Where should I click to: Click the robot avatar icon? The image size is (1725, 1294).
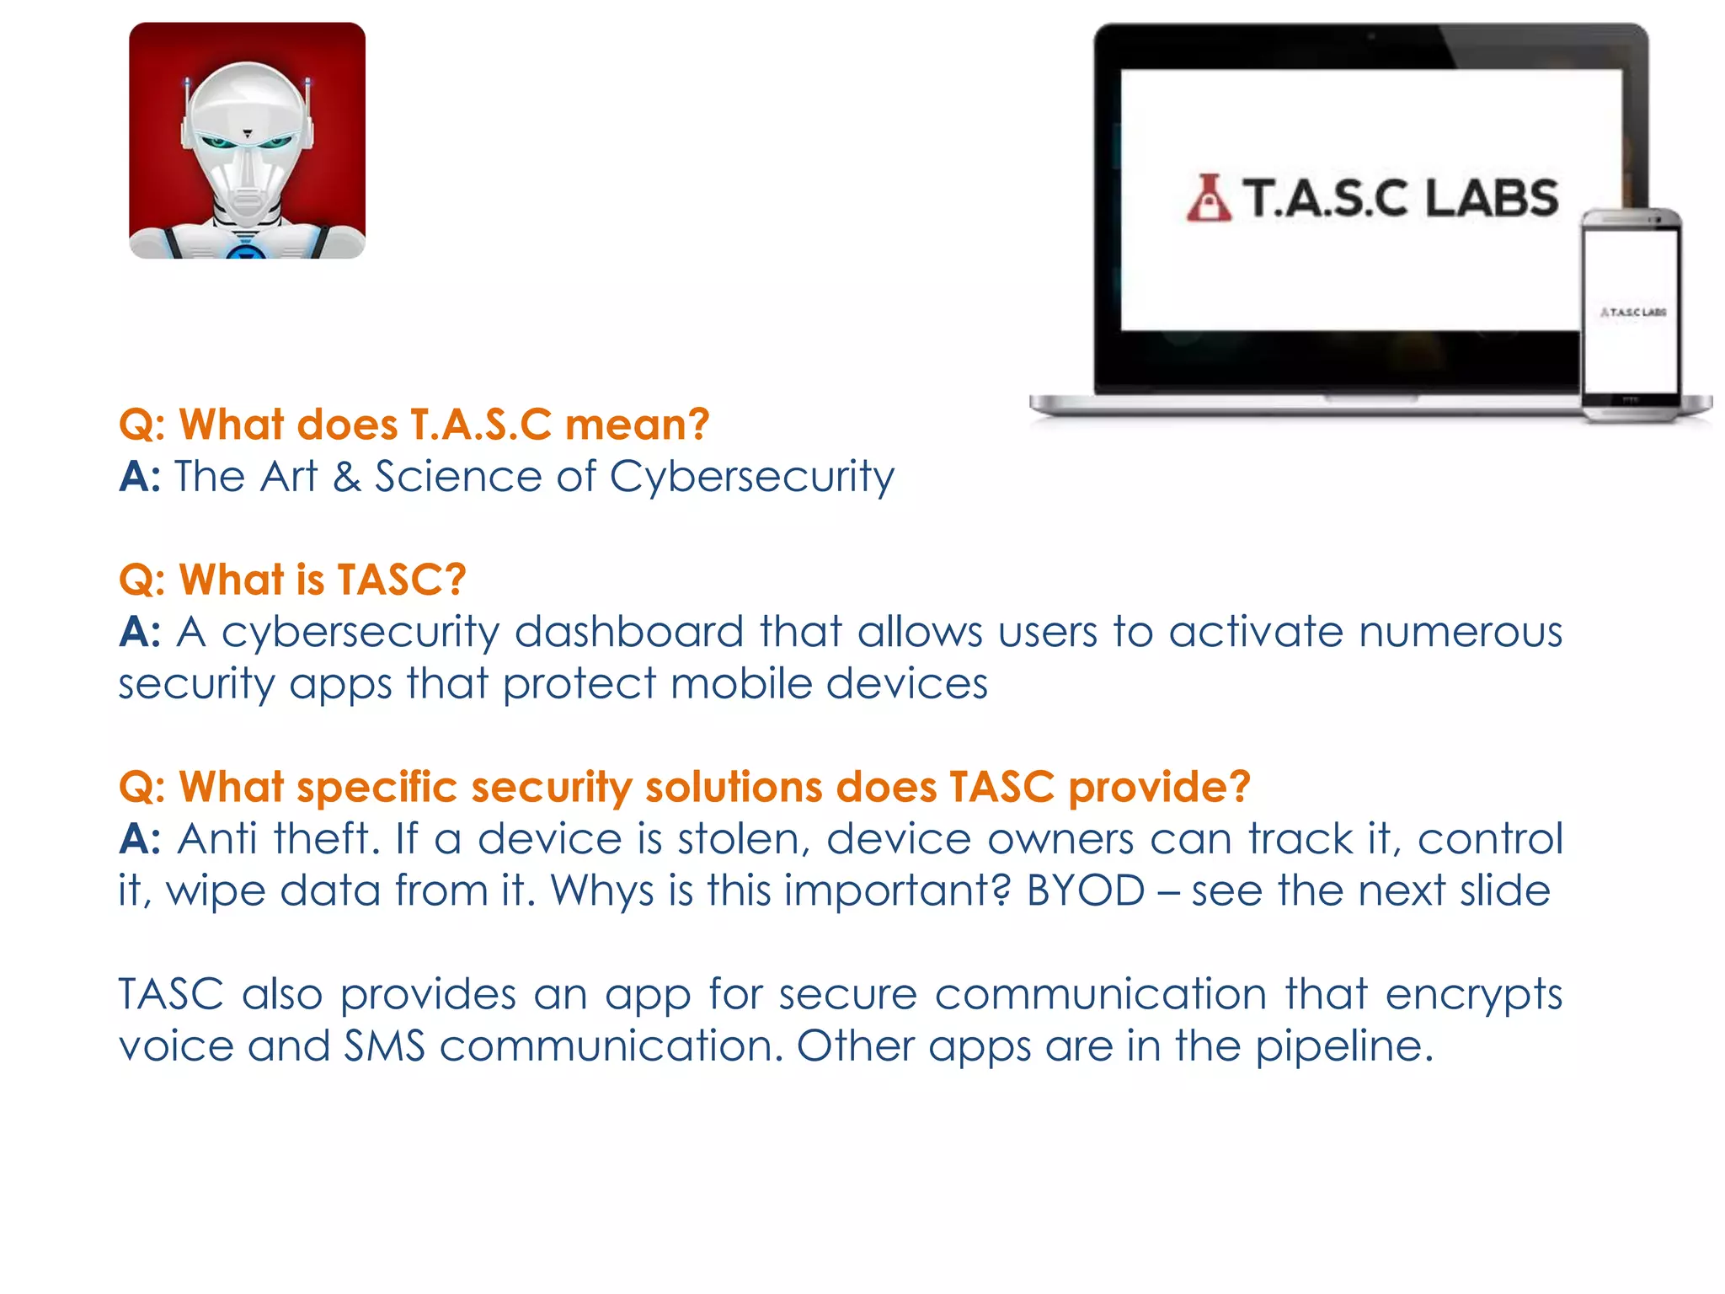(247, 141)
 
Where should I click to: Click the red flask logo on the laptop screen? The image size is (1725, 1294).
(1209, 199)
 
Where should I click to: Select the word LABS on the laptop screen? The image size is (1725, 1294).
(1492, 199)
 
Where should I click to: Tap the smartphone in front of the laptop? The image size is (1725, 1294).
(1631, 316)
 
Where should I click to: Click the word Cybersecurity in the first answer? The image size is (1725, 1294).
(751, 478)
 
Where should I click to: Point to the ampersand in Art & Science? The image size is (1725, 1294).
(346, 477)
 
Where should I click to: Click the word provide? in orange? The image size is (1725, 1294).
(1159, 787)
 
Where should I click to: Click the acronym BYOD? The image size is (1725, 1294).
(1086, 890)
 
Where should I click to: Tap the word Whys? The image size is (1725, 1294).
(602, 890)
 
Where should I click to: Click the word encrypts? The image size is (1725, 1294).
(1473, 995)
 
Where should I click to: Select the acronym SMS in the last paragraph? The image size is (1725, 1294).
(385, 1046)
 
